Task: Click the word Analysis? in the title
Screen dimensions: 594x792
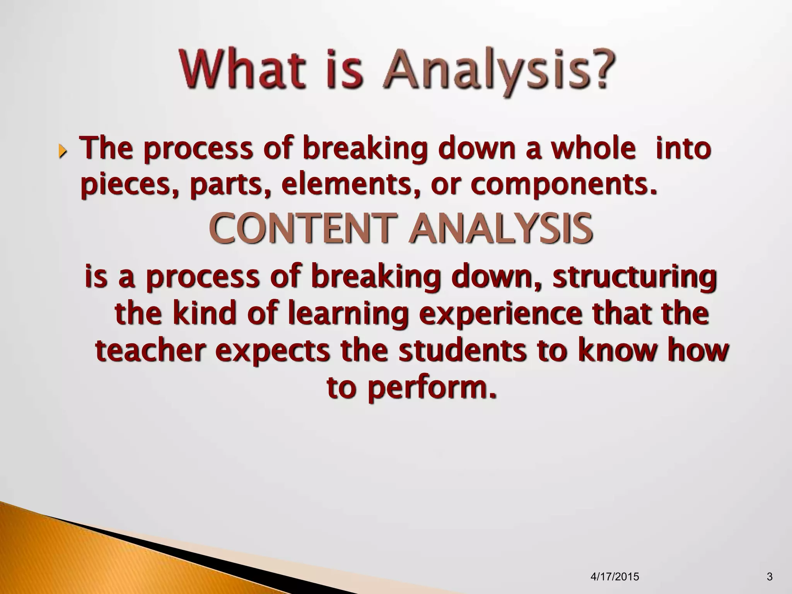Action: (x=499, y=73)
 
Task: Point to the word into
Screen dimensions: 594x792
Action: (x=683, y=148)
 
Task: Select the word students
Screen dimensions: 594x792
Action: (x=462, y=351)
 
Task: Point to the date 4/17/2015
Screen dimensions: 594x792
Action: (x=615, y=577)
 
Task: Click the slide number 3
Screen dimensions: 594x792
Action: (x=770, y=577)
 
